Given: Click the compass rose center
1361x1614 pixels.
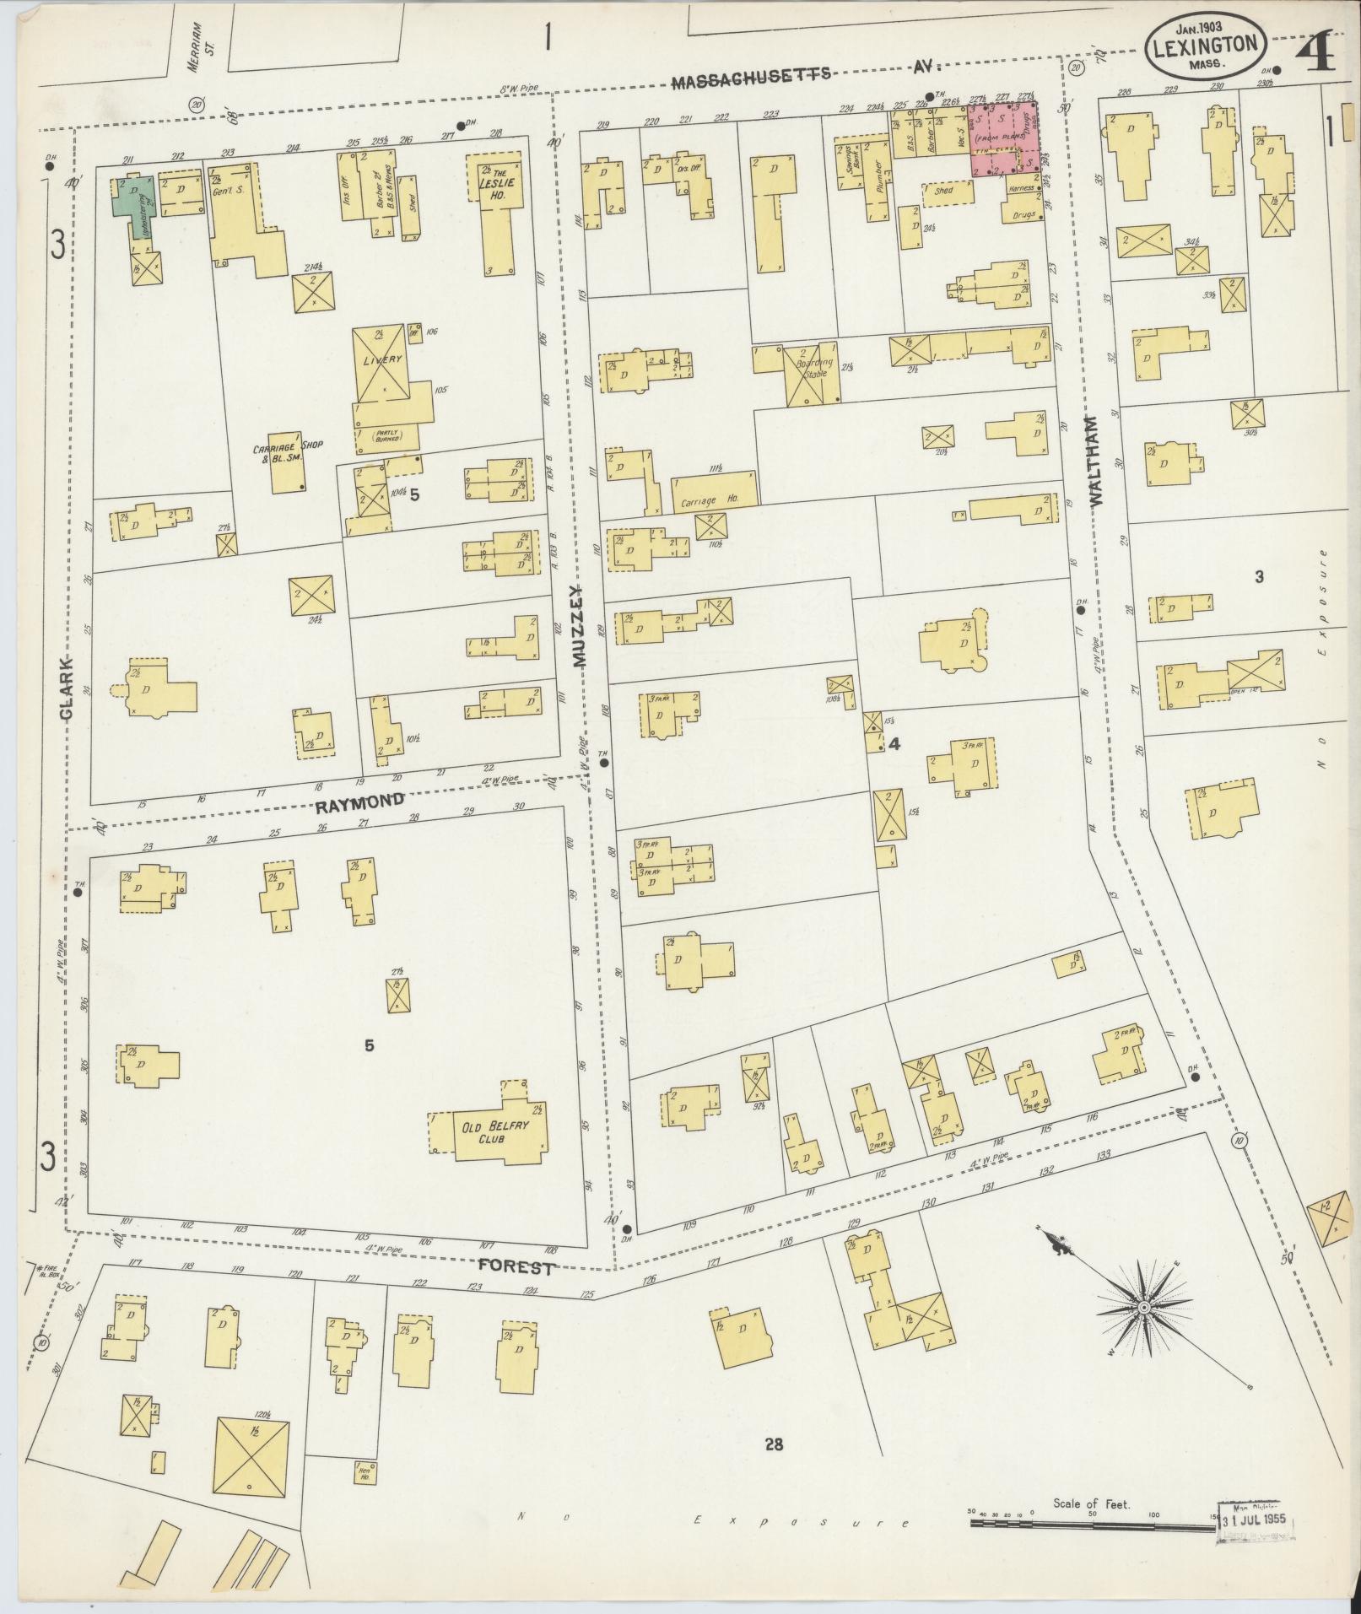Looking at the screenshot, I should click(x=1142, y=1331).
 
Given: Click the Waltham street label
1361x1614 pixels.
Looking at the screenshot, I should click(x=1098, y=461).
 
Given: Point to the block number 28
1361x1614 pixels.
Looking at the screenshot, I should click(x=774, y=1445).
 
